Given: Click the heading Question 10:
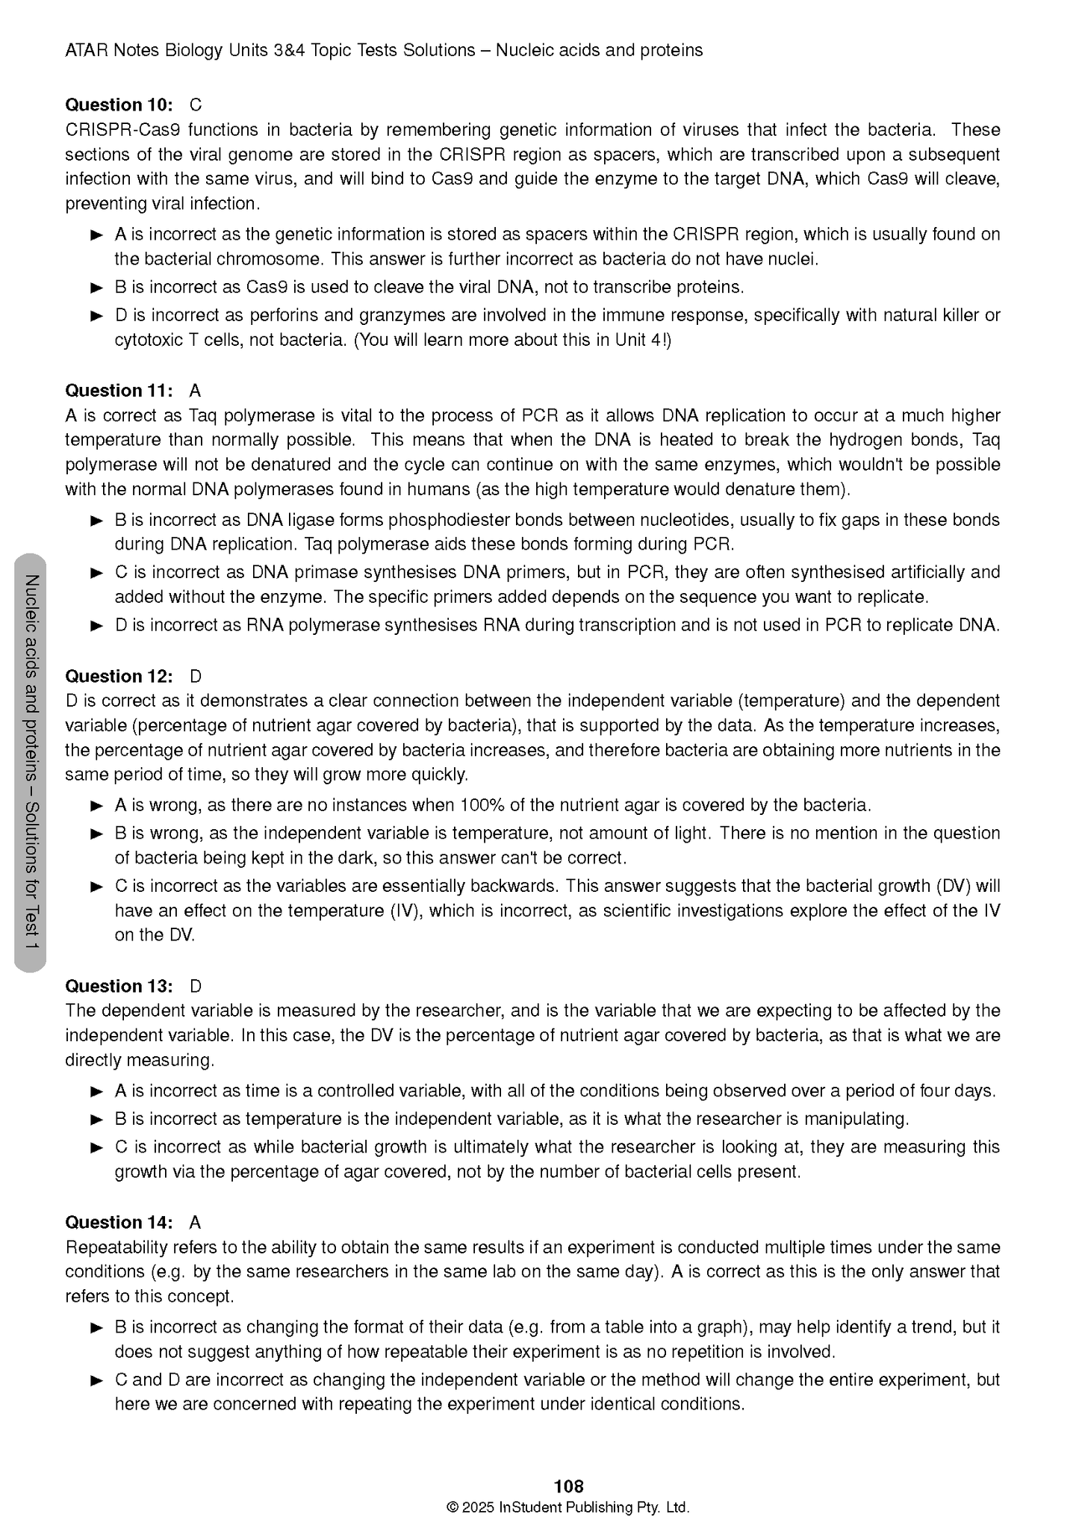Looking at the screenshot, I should click(x=119, y=105).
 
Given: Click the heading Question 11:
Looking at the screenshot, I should click(x=119, y=391).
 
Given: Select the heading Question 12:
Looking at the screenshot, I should click(x=119, y=676).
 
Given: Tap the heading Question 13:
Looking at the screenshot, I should click(x=119, y=986).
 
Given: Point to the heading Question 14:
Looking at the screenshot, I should click(x=119, y=1222).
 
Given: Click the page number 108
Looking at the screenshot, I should click(x=569, y=1486).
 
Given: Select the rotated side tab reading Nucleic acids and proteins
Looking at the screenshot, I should click(x=31, y=762).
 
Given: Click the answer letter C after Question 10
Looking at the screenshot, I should click(x=196, y=105).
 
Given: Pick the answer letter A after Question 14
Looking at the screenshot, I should click(x=195, y=1222).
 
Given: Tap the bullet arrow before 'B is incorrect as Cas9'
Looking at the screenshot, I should click(x=96, y=288).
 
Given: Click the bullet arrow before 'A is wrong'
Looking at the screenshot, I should click(x=96, y=806).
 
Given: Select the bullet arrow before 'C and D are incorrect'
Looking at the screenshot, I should click(x=96, y=1380).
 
